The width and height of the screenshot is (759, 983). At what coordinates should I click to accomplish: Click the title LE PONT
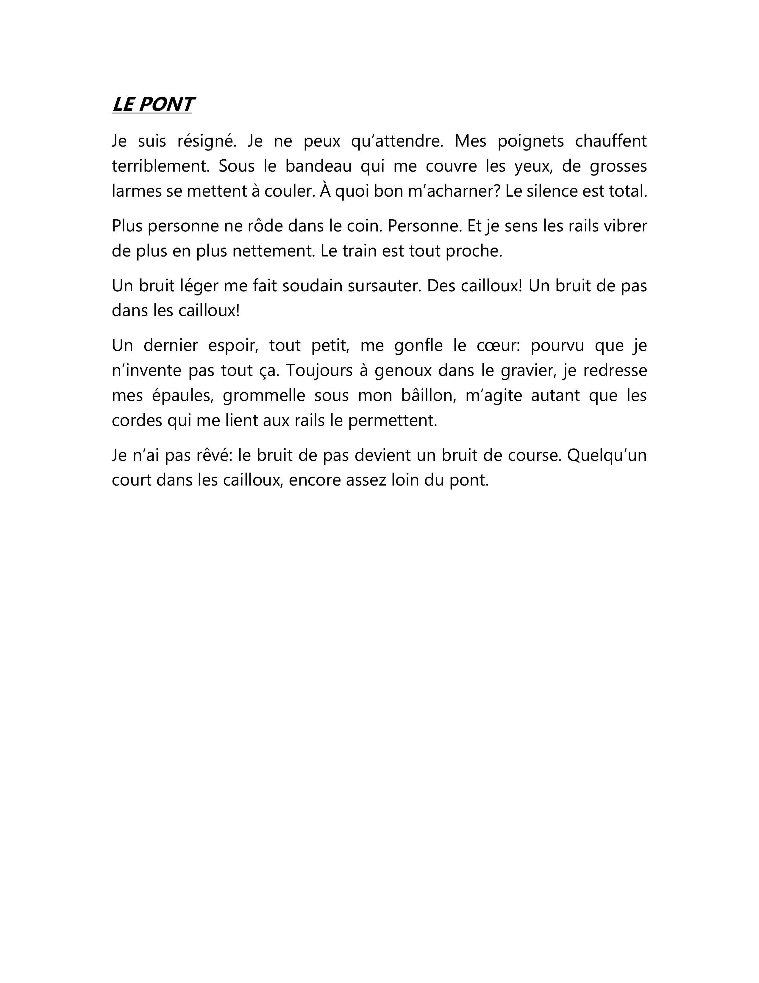tap(152, 105)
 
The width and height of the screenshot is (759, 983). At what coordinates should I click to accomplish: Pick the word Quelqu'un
tap(607, 455)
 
